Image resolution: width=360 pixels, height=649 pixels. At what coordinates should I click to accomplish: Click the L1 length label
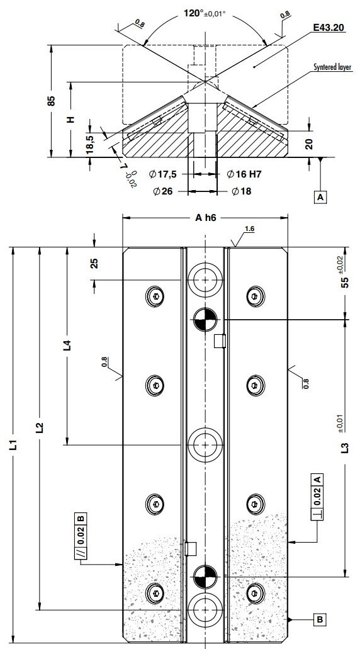click(13, 448)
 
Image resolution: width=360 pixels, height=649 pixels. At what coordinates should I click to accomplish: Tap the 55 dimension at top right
click(344, 283)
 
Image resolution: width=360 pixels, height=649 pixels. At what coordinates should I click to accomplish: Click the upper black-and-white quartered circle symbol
click(205, 320)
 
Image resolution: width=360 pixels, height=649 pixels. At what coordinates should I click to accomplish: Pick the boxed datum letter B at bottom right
click(320, 620)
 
